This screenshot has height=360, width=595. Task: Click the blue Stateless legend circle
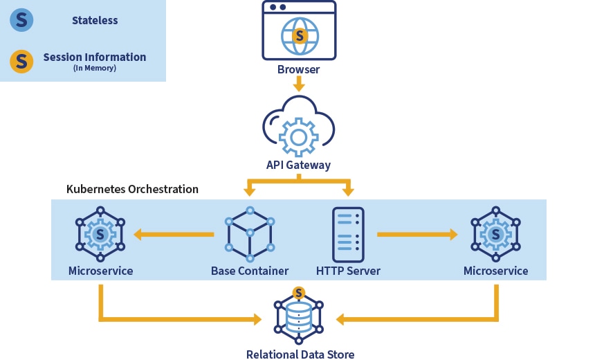point(21,20)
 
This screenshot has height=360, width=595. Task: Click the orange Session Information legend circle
point(21,61)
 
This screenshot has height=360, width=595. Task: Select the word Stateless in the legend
point(95,20)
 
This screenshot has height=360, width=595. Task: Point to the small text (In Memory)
point(95,68)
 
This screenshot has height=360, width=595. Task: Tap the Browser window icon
point(299,31)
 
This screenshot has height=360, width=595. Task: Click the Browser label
point(299,69)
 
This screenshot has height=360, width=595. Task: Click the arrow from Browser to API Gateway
point(299,84)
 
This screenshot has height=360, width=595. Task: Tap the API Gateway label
point(299,165)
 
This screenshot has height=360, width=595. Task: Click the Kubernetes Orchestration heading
point(132,189)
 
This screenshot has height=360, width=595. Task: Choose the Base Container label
point(250,271)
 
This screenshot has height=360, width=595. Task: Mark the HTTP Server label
point(348,271)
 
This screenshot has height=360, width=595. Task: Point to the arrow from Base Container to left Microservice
point(173,235)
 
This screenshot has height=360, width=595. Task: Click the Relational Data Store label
point(300,354)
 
